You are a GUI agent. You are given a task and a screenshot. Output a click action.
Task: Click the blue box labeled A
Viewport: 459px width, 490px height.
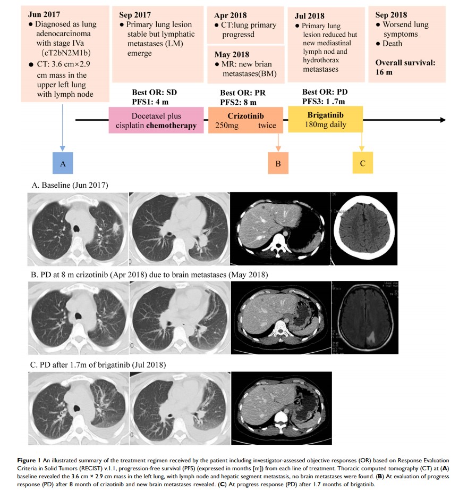coord(63,163)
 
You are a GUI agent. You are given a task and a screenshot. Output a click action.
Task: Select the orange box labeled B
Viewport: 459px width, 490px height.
coord(278,163)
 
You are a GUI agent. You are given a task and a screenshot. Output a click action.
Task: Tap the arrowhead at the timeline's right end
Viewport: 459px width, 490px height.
coord(442,120)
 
